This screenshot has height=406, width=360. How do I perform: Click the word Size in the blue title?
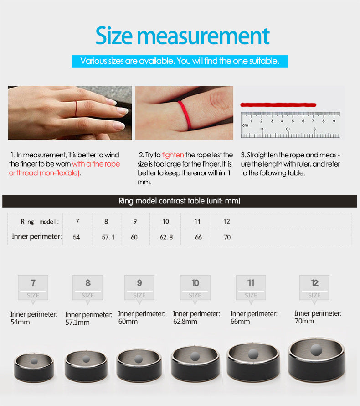pyautogui.click(x=114, y=36)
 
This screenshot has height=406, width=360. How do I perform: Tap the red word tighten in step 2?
pyautogui.click(x=173, y=155)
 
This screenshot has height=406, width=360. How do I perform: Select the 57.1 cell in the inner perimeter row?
pyautogui.click(x=108, y=237)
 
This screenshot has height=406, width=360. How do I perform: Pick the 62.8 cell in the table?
pyautogui.click(x=166, y=237)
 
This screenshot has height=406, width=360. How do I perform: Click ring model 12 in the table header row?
pyautogui.click(x=226, y=221)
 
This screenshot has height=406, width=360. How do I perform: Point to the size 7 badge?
pyautogui.click(x=33, y=288)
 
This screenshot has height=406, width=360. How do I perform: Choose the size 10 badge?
pyautogui.click(x=195, y=288)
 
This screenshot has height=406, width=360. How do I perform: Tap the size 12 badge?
pyautogui.click(x=314, y=288)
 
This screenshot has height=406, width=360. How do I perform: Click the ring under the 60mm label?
pyautogui.click(x=139, y=374)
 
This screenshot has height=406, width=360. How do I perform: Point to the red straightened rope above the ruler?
pyautogui.click(x=278, y=105)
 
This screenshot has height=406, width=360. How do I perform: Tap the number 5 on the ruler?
pyautogui.click(x=293, y=121)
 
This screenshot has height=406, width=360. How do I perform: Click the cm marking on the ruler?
pyautogui.click(x=245, y=125)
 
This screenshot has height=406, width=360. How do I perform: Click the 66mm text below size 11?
pyautogui.click(x=240, y=322)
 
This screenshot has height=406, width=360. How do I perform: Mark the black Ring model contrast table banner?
pyautogui.click(x=180, y=201)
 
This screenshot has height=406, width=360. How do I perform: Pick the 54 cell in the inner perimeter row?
pyautogui.click(x=76, y=237)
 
